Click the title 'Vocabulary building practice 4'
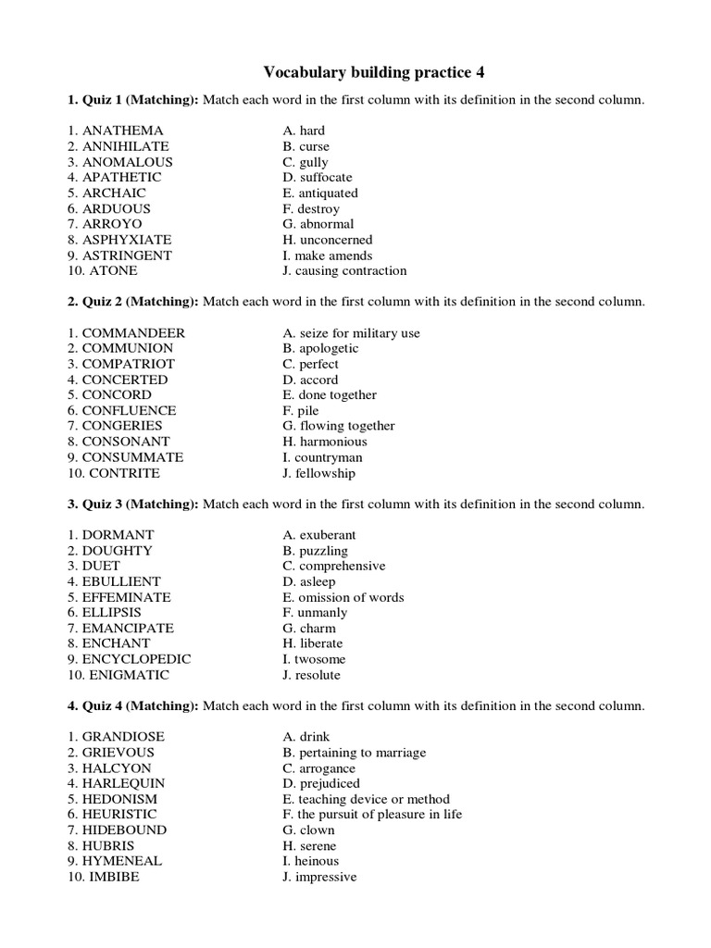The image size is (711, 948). coord(374,71)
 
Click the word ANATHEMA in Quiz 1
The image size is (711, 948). coord(122,131)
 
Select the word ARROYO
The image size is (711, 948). coord(112,224)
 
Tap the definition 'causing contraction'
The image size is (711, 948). coord(351,270)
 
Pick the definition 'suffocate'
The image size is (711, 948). coord(324,177)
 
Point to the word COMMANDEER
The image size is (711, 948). coord(133,332)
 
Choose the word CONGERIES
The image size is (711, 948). coord(122,426)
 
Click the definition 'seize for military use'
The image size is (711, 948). coord(357,332)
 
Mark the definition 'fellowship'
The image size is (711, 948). coord(325,473)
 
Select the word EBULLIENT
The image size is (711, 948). coord(122,581)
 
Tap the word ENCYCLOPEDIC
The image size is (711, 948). coord(136,659)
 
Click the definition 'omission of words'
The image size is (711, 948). coord(350,597)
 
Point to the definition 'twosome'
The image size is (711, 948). coord(319,659)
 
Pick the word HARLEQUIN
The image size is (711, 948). coord(123,783)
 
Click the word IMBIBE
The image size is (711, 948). coord(114,877)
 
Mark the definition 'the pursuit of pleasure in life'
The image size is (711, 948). coord(379,815)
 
